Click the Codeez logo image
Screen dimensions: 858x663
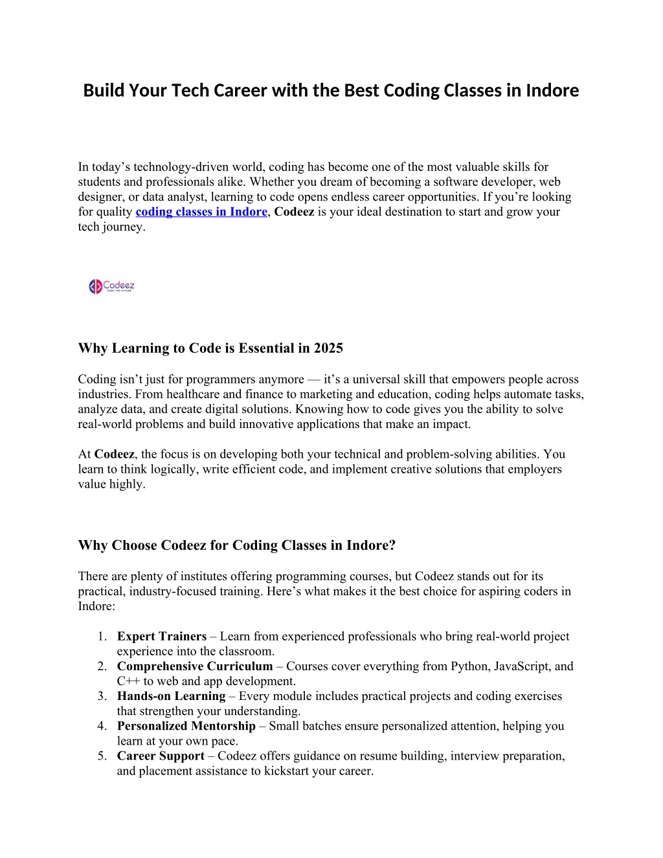point(111,286)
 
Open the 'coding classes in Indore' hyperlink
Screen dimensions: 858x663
point(201,212)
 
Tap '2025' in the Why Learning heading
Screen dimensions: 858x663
point(328,348)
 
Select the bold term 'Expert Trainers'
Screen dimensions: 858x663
point(162,637)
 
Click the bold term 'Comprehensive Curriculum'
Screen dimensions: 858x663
point(195,666)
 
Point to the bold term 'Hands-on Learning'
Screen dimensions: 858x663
point(171,696)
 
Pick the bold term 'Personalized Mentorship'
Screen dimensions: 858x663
point(186,726)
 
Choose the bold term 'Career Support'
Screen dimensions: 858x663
point(161,756)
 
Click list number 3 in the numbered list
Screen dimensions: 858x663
point(102,696)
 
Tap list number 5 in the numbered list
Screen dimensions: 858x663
point(102,756)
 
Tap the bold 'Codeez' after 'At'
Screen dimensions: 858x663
point(114,454)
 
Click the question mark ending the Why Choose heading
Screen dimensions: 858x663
point(392,545)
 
